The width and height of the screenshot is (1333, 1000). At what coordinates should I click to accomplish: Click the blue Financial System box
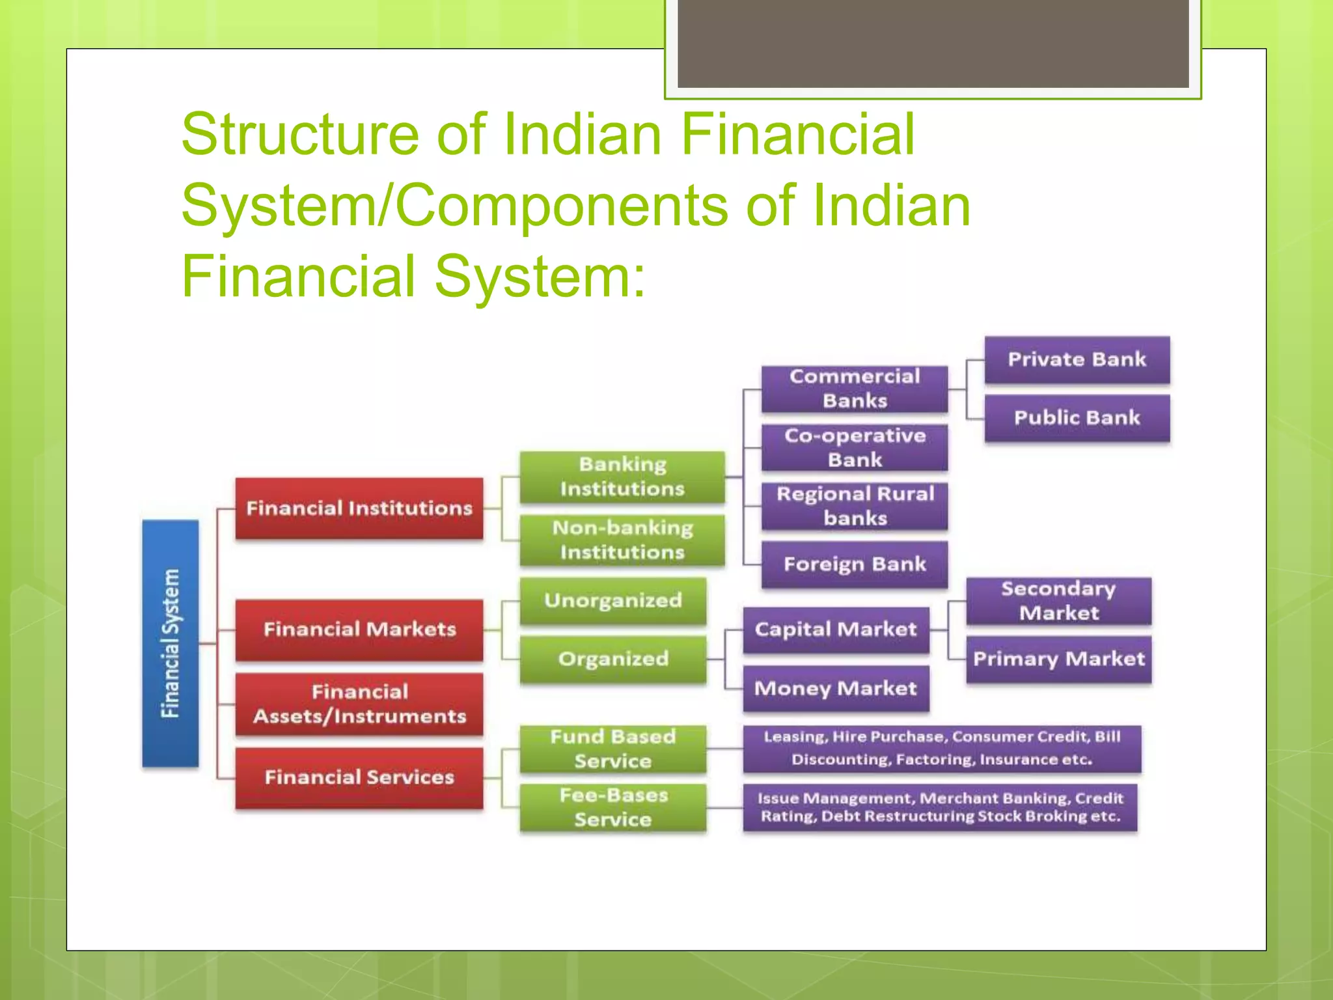point(171,643)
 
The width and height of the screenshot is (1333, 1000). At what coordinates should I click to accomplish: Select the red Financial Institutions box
point(359,508)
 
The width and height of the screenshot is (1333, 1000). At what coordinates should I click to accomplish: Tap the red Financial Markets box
point(359,629)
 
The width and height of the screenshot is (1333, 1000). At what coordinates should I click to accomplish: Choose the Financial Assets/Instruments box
point(359,704)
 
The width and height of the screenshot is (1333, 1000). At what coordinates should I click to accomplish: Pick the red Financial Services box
point(359,777)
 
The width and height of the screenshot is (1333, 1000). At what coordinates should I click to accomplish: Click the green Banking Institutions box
point(622,477)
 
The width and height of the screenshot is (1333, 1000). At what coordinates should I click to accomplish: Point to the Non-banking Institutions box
point(622,540)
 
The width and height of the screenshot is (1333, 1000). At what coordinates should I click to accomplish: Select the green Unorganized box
point(613,600)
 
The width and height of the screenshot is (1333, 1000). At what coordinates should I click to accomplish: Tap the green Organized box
point(613,659)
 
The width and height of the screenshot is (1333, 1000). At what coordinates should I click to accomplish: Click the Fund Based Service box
point(613,749)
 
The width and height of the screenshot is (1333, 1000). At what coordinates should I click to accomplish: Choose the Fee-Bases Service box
point(613,807)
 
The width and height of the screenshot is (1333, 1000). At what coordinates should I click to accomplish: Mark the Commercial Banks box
point(855,389)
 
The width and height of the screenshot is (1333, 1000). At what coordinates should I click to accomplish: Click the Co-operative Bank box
point(855,447)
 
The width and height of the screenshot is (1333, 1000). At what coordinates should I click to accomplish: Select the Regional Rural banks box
point(855,506)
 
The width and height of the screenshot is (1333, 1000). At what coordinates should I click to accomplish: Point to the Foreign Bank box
point(855,564)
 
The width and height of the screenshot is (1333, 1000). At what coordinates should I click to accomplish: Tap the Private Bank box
point(1077,359)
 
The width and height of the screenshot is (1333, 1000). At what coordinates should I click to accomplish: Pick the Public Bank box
point(1077,418)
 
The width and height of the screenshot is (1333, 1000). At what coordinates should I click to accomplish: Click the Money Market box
point(836,688)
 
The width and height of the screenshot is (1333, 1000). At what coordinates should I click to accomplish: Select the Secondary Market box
point(1058,600)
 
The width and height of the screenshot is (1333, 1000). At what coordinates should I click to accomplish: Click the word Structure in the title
point(300,134)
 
